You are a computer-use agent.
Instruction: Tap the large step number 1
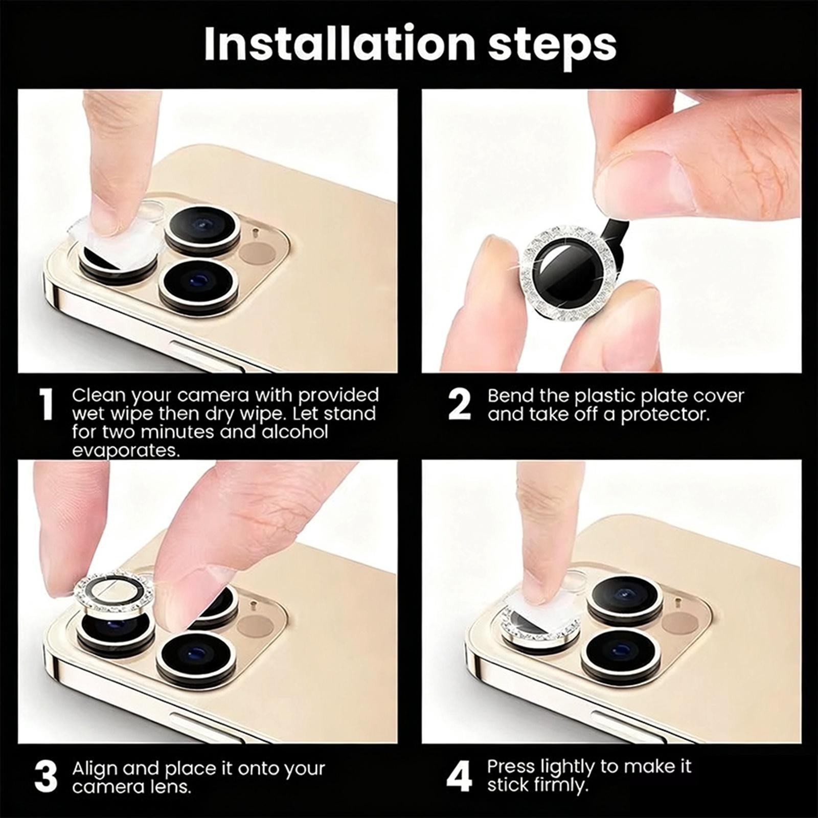pos(47,404)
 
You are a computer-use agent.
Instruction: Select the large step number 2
pos(459,404)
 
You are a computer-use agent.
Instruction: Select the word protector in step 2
pos(665,415)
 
